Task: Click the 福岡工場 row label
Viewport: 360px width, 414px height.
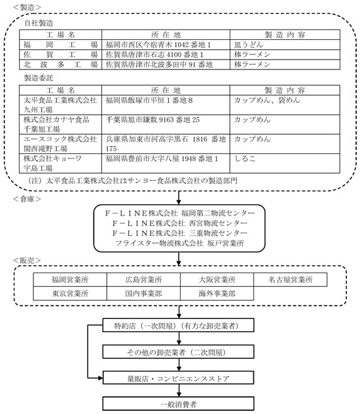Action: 60,45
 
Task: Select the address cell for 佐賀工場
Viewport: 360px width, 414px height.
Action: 166,54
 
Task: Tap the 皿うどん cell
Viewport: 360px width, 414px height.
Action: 285,45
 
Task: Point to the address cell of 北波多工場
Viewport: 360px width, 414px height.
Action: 166,64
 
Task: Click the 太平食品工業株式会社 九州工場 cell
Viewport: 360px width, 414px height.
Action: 60,105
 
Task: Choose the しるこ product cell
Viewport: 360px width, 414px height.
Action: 285,163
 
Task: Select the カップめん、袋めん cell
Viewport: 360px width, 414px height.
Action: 285,105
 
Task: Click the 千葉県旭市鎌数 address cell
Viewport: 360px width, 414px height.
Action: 166,124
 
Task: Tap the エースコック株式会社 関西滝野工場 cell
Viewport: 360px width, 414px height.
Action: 60,144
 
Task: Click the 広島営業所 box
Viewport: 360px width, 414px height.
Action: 143,280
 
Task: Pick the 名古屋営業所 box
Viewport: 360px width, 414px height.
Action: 291,280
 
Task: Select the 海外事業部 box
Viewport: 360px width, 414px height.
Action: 217,293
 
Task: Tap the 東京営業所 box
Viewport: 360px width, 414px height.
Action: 70,293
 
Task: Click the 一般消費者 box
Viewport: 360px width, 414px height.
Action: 178,404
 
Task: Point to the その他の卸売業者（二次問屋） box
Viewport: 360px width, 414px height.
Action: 178,352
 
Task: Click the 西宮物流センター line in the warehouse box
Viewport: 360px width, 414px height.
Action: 179,223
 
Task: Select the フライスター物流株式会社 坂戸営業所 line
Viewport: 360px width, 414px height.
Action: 179,243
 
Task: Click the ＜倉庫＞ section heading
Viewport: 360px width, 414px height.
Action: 27,199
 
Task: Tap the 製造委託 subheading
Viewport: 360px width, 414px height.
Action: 39,78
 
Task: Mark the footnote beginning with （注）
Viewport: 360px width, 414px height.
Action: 133,181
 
